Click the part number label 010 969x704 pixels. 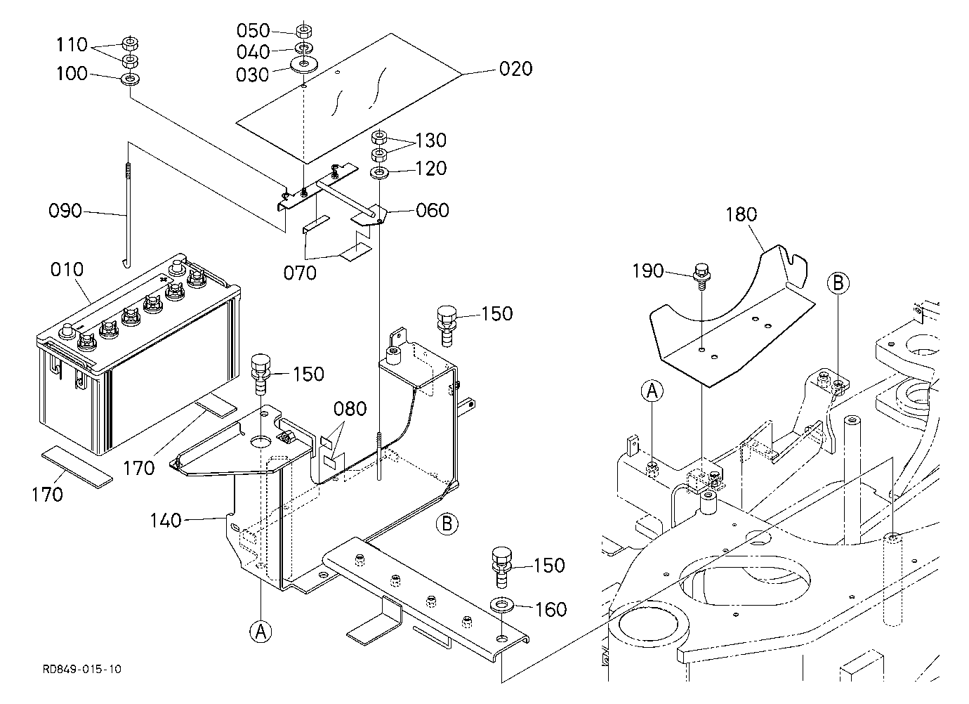[x=67, y=270]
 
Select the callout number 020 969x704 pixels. [x=515, y=69]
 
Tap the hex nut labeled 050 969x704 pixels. [x=304, y=32]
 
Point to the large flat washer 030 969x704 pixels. [x=304, y=65]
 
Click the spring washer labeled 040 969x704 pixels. [x=304, y=48]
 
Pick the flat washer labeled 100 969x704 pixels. [x=130, y=79]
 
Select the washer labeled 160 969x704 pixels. [x=502, y=605]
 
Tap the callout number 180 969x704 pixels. [x=741, y=215]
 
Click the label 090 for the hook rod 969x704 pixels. [x=65, y=211]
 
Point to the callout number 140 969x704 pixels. [x=165, y=521]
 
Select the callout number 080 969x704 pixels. [x=350, y=409]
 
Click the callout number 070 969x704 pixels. [x=300, y=273]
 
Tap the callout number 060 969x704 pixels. [x=432, y=210]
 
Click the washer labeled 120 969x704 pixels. [x=379, y=173]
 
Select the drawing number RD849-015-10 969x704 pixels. [x=81, y=670]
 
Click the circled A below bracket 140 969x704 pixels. [x=261, y=632]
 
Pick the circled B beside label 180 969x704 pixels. [x=838, y=283]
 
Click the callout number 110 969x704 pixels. [x=72, y=44]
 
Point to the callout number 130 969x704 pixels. [x=430, y=141]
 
